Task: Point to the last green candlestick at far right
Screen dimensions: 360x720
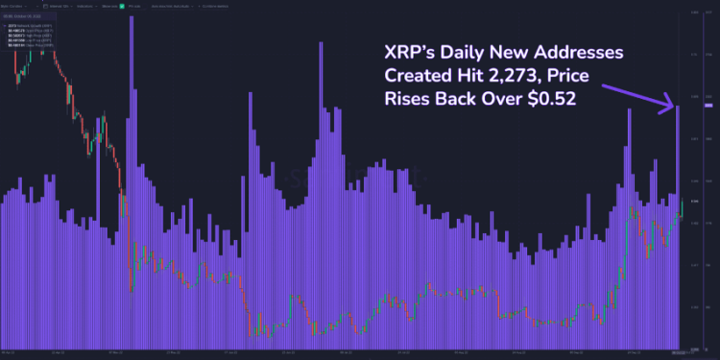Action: tap(681, 207)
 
